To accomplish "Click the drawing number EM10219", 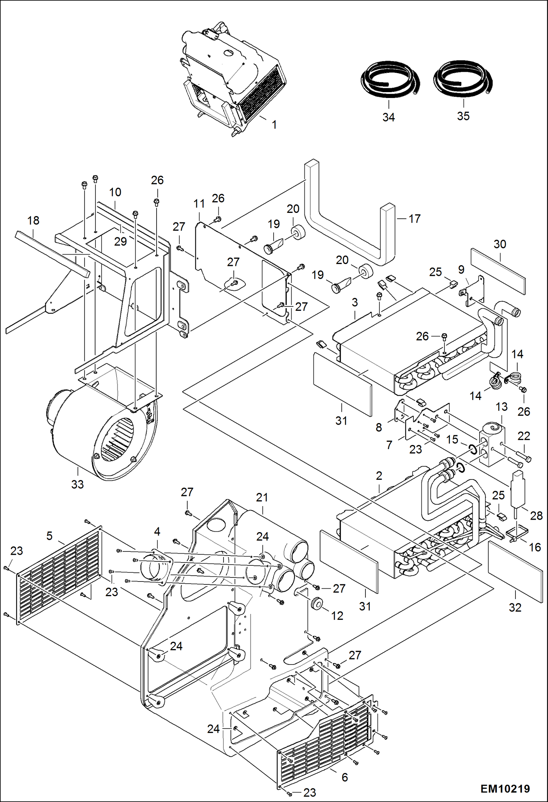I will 505,788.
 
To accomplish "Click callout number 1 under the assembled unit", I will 274,125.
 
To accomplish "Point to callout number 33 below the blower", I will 78,485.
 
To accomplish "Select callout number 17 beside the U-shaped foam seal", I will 414,219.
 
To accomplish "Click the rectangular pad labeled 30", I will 498,271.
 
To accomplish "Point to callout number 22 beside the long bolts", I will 524,436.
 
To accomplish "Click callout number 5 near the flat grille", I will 49,536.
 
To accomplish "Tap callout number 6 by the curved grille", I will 345,777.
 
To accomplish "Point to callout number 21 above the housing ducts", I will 262,497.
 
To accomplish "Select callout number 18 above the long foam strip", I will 33,221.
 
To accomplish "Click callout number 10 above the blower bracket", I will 115,192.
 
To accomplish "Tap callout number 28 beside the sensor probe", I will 536,516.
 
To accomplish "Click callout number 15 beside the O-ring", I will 452,439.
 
